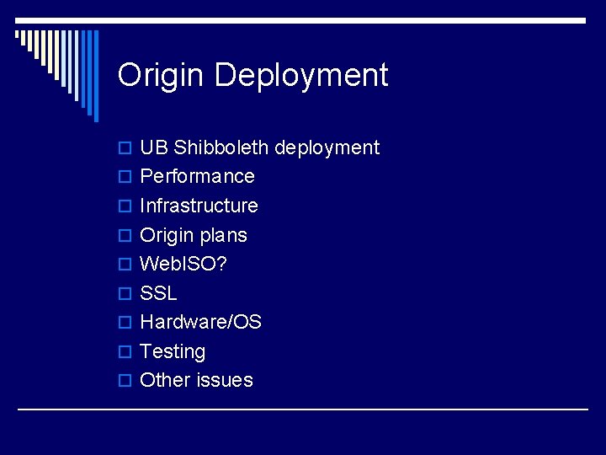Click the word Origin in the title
tap(160, 76)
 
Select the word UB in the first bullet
tap(154, 147)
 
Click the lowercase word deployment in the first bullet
tap(327, 149)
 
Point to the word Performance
tap(197, 176)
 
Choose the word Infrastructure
tap(199, 206)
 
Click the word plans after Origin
tap(225, 236)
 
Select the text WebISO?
tap(183, 264)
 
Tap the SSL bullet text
tap(158, 293)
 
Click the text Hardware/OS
tap(200, 322)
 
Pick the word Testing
tap(173, 352)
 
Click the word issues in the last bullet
tap(224, 380)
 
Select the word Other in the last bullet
tap(164, 380)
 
